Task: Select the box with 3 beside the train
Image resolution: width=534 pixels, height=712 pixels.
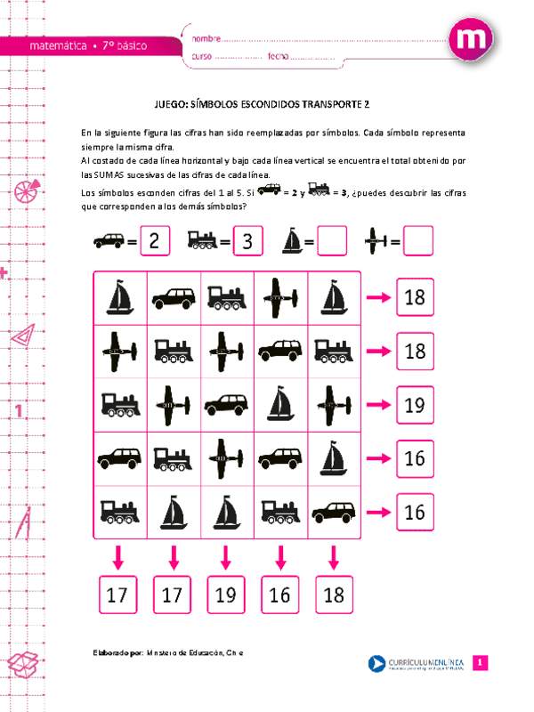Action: (248, 240)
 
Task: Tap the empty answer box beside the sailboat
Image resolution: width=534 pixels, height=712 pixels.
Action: (332, 240)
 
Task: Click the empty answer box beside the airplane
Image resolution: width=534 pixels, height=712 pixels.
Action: (417, 240)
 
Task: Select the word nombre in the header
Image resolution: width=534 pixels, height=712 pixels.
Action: (205, 39)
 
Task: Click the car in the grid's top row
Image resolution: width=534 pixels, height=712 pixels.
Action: (173, 297)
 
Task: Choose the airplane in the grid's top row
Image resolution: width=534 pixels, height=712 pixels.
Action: (279, 297)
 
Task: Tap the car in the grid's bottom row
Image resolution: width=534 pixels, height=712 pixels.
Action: (333, 512)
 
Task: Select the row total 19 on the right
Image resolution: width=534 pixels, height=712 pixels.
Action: (415, 405)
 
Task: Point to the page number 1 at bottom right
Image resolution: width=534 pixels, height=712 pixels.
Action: (480, 663)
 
